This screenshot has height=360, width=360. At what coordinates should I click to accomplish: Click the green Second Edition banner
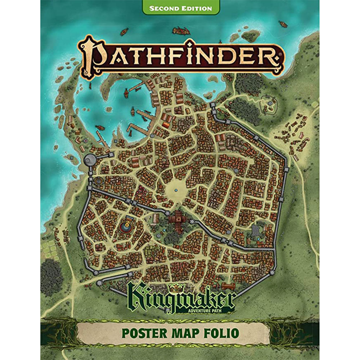(181, 8)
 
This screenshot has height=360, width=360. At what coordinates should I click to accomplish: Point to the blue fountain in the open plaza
(176, 189)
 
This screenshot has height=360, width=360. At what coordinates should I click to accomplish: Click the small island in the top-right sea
(251, 35)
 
